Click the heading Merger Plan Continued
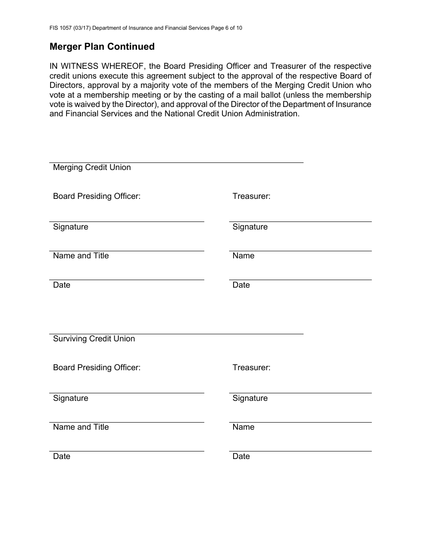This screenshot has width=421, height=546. tap(102, 47)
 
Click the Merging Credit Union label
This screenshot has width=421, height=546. tap(92, 167)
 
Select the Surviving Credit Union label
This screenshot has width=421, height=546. tap(94, 339)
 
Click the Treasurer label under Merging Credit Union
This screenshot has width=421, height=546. tap(251, 196)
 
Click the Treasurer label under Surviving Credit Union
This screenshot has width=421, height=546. tap(251, 368)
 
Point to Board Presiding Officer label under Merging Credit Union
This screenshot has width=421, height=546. tap(97, 196)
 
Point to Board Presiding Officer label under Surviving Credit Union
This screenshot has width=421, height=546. tap(97, 368)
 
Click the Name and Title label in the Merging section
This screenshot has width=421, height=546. tap(81, 256)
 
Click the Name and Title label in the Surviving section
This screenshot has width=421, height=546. tap(81, 427)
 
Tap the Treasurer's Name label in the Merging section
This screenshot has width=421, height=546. tap(243, 256)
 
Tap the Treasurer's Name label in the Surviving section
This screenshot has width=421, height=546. tap(243, 427)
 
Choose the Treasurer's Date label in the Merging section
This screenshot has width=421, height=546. tap(241, 285)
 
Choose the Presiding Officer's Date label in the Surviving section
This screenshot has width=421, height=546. tap(62, 456)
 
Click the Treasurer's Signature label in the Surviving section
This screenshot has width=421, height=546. tap(250, 398)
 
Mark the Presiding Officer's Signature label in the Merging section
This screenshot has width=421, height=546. tap(70, 227)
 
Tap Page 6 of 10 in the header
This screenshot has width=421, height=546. tap(226, 28)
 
